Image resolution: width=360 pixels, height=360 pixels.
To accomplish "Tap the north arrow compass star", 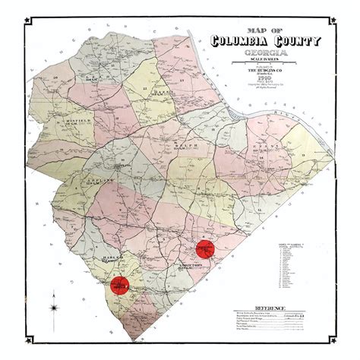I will point(54,306).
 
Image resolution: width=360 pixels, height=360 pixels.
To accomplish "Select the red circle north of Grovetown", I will point(205,248).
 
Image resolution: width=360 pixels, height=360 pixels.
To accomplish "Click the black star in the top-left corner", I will point(22,22).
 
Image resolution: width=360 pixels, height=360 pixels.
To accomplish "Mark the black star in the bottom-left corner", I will point(22,335).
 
